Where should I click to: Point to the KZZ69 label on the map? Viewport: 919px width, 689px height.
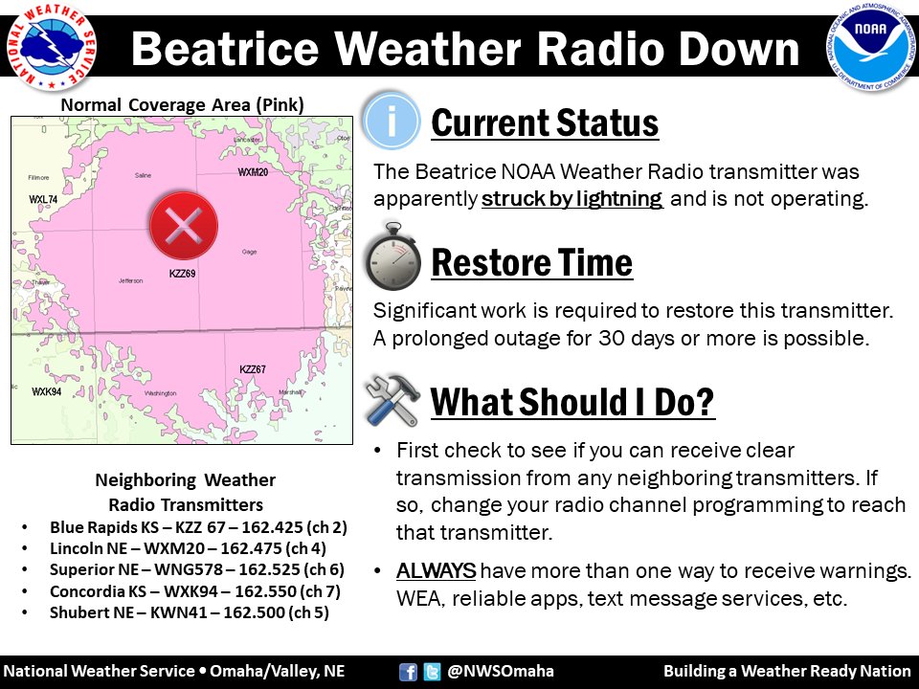coord(182,275)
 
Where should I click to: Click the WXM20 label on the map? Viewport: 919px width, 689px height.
coord(253,172)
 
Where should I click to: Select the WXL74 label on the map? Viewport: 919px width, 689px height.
coord(43,199)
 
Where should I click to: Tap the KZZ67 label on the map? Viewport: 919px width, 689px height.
coord(253,369)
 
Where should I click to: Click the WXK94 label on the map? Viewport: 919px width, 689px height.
coord(46,392)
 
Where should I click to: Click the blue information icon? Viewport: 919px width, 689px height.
coord(392,122)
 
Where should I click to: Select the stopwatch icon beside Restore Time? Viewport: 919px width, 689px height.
coord(392,259)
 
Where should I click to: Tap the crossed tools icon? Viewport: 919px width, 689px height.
coord(392,399)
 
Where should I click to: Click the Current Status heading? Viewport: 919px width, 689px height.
coord(545,123)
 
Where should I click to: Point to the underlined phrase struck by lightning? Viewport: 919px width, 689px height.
coord(572,200)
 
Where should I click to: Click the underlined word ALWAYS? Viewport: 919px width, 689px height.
coord(436,572)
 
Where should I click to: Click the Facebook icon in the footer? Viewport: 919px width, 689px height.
coord(408,671)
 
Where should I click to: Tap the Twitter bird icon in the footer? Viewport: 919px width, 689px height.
coord(432,671)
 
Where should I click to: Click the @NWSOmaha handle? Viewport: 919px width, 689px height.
coord(501,671)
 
